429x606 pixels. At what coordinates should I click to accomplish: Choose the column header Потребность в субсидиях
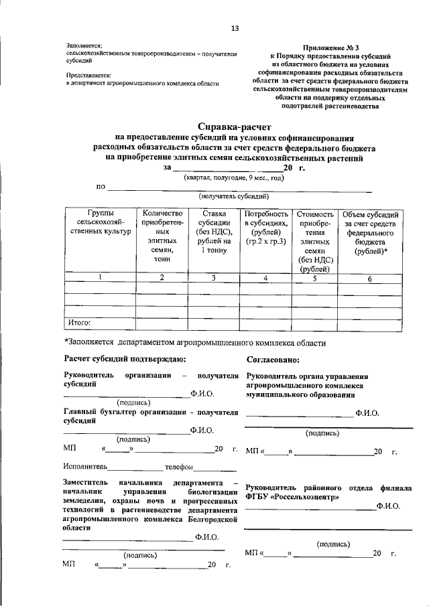[266, 227]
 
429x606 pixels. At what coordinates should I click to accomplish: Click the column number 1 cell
[100, 278]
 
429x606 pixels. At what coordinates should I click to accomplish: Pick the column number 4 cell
[266, 278]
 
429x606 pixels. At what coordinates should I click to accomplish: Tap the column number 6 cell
[369, 279]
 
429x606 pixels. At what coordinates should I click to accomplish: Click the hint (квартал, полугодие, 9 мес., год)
[234, 178]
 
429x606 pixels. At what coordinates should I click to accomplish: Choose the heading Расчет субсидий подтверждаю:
[120, 360]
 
